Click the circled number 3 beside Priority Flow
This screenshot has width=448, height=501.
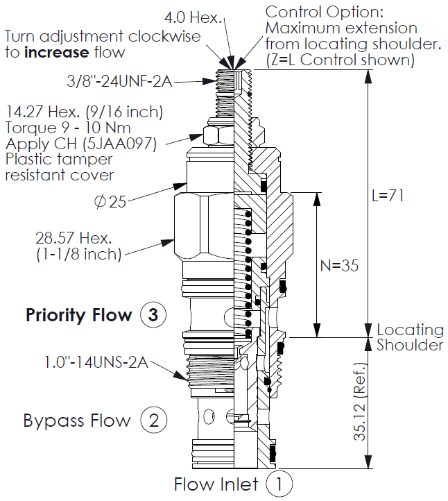[153, 315]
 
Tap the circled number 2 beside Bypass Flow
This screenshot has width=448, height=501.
[153, 420]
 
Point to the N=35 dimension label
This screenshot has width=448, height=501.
[340, 265]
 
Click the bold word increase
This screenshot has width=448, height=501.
[60, 52]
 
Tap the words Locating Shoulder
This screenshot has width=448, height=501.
[410, 337]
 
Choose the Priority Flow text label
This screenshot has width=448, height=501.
[78, 315]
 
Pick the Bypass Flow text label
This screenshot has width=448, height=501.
[77, 420]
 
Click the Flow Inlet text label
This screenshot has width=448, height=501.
[216, 484]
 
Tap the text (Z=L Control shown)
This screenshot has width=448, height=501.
[340, 60]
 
